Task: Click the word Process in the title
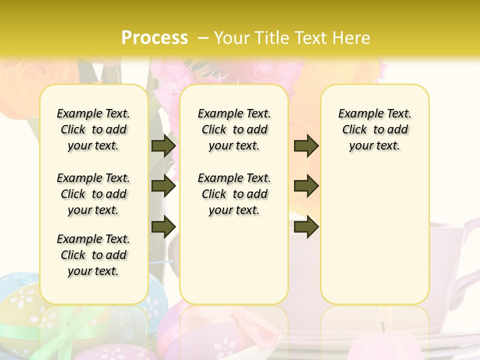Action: [154, 37]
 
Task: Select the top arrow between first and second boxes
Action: [163, 145]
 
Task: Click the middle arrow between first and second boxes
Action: [163, 186]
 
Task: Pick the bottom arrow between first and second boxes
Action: [163, 226]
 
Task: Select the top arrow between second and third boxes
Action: [306, 145]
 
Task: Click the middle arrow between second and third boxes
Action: [306, 186]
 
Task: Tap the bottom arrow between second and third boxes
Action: [306, 226]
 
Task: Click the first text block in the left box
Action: [93, 129]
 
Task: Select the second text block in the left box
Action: [93, 194]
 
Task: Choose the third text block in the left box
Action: [93, 255]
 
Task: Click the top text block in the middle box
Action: [234, 129]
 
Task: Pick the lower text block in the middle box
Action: [234, 194]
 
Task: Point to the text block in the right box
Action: [374, 129]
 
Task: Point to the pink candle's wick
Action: [383, 326]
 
